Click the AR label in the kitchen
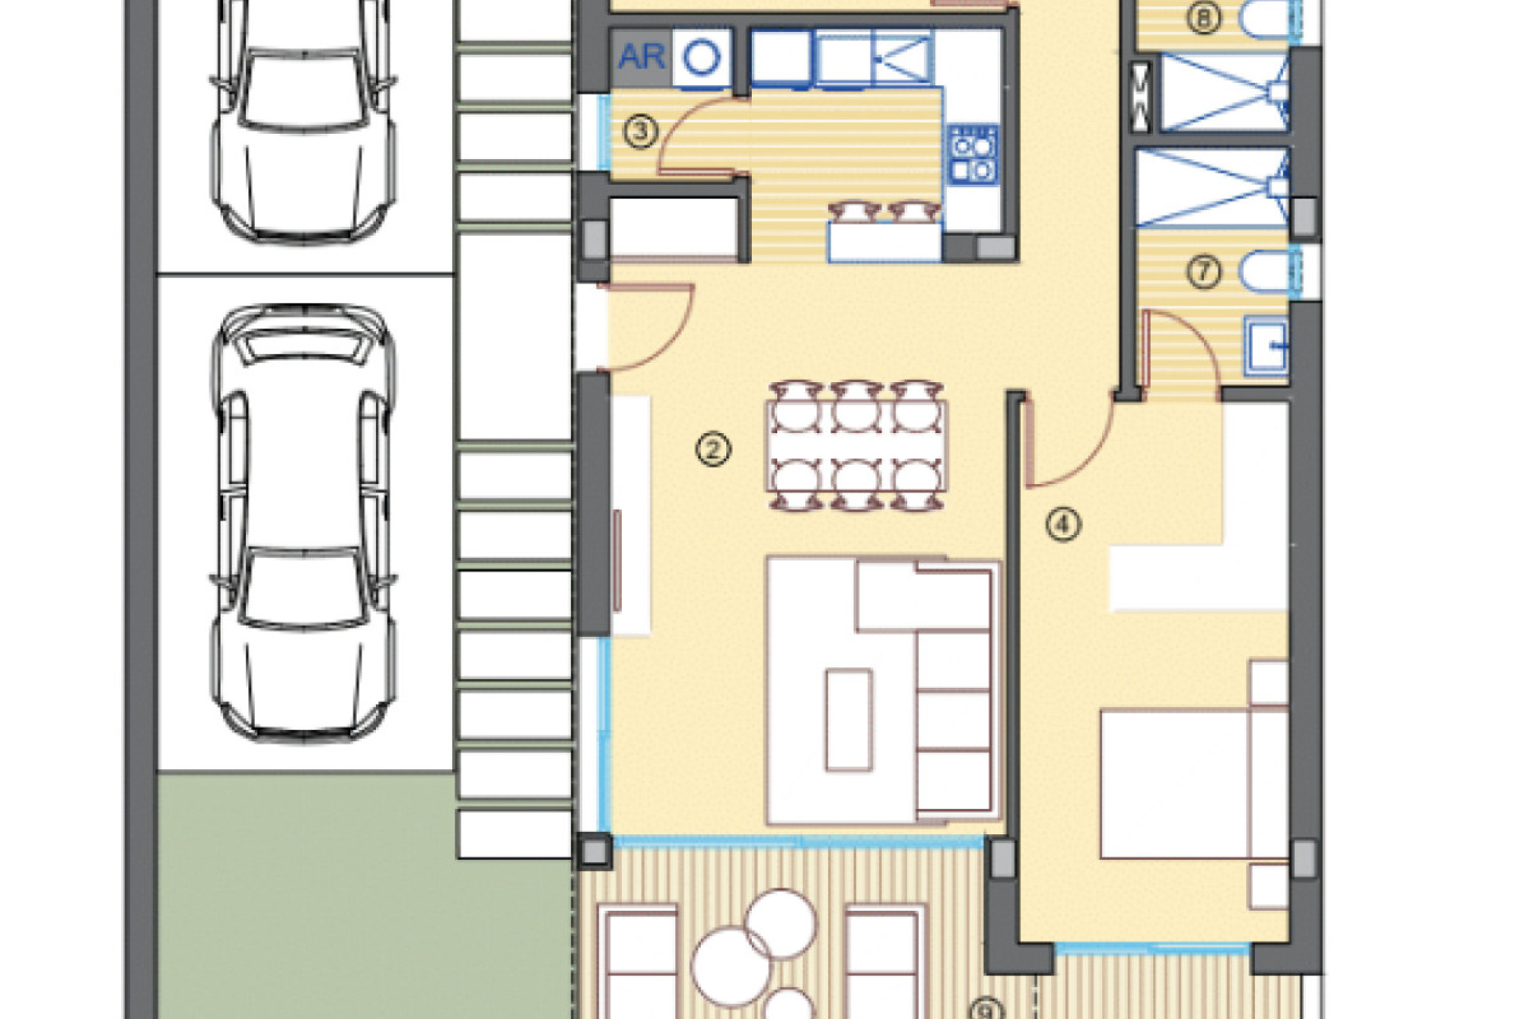click(x=641, y=57)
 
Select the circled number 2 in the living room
click(x=713, y=450)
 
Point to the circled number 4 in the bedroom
click(x=1063, y=524)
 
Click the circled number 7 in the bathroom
click(x=1203, y=272)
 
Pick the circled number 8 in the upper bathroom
click(x=1203, y=18)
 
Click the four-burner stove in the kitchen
click(x=973, y=154)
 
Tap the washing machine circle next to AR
click(x=702, y=57)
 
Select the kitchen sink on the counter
click(x=901, y=56)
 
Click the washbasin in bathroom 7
click(x=1267, y=346)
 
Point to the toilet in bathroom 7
click(x=1265, y=271)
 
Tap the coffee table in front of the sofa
click(x=848, y=720)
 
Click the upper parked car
click(x=303, y=119)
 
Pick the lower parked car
click(x=303, y=521)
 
